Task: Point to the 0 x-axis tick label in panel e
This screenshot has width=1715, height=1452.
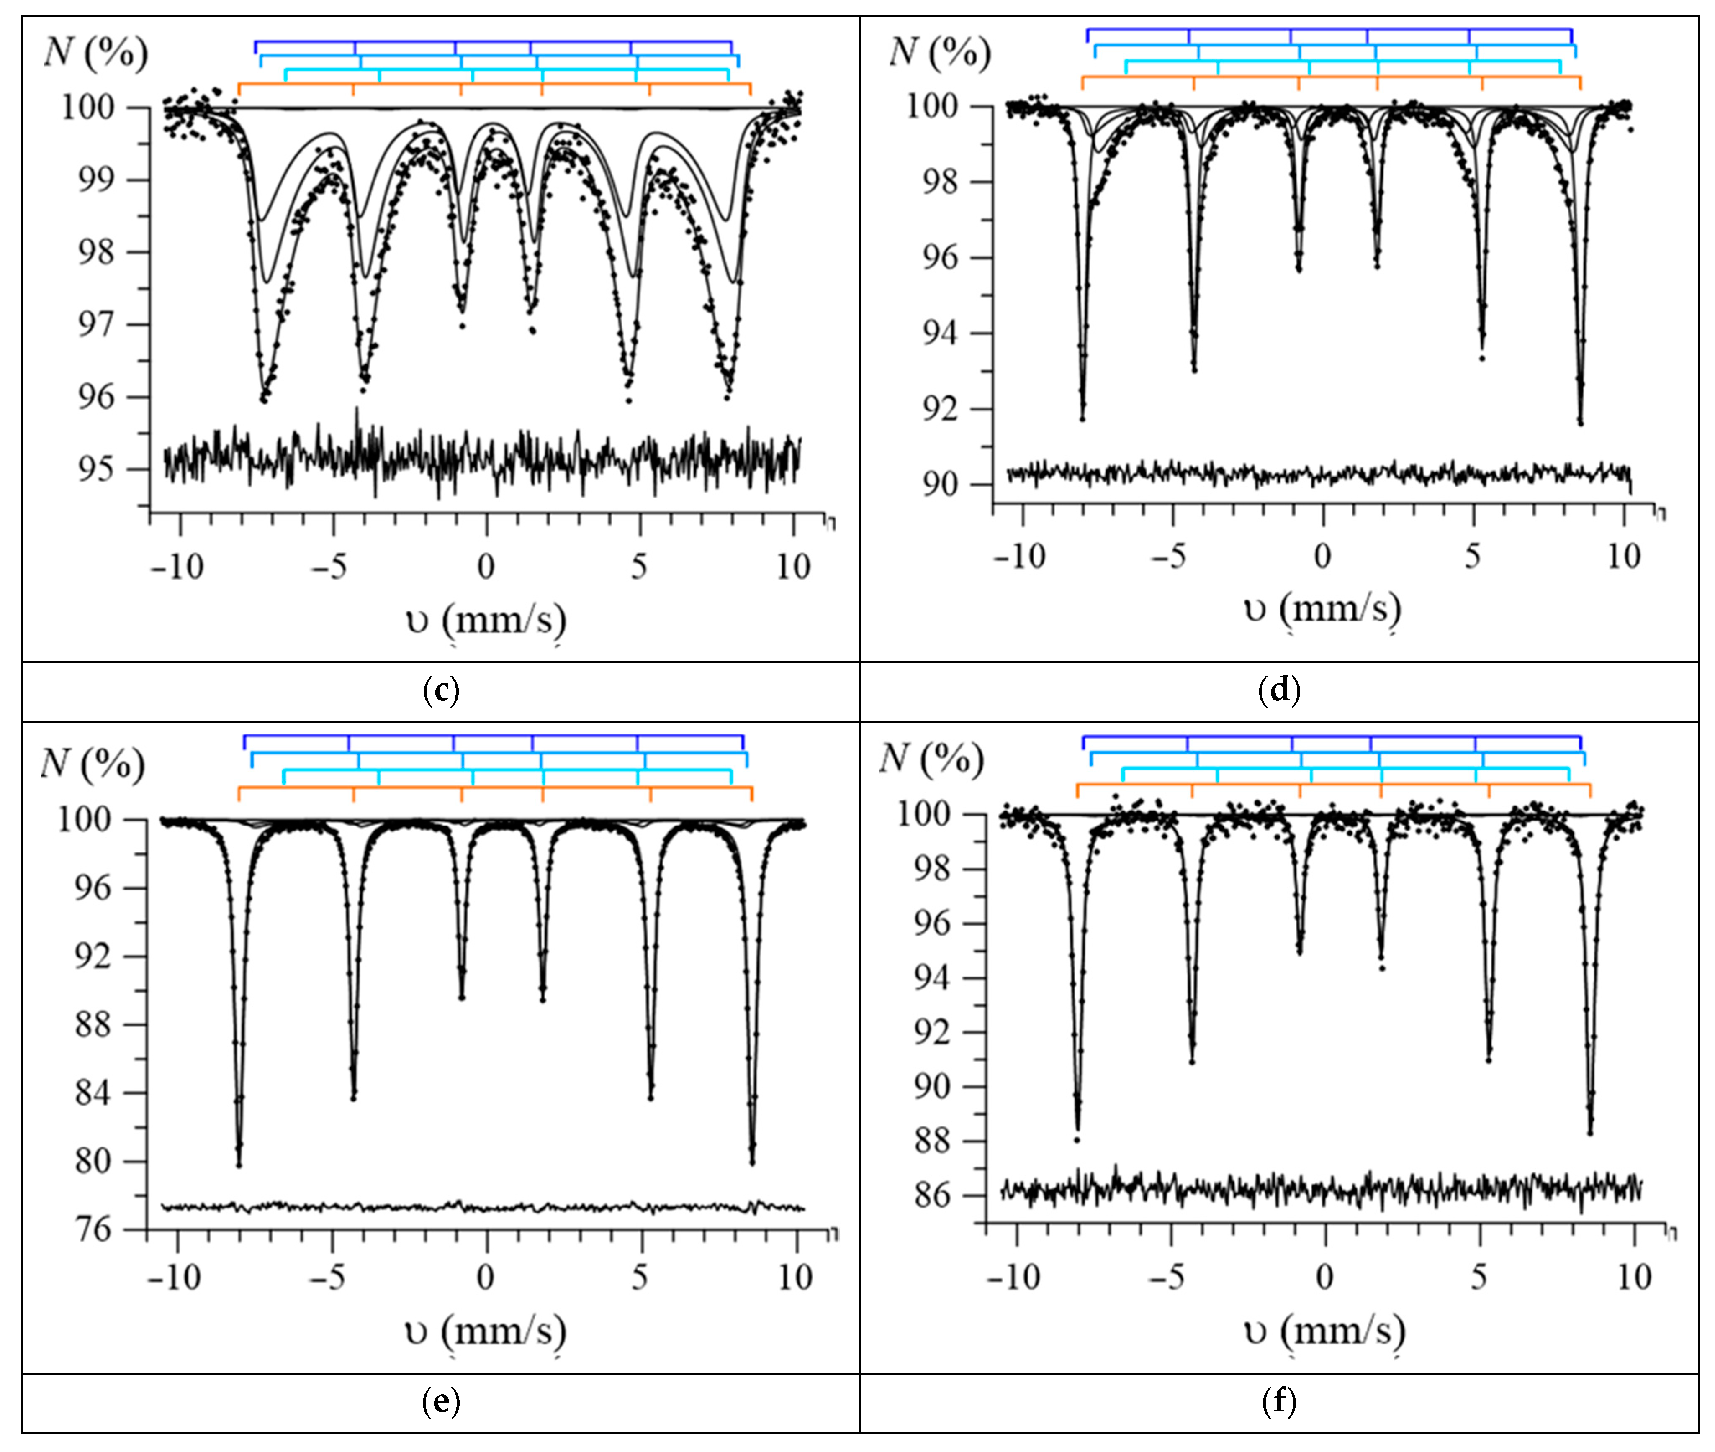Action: tap(486, 1278)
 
